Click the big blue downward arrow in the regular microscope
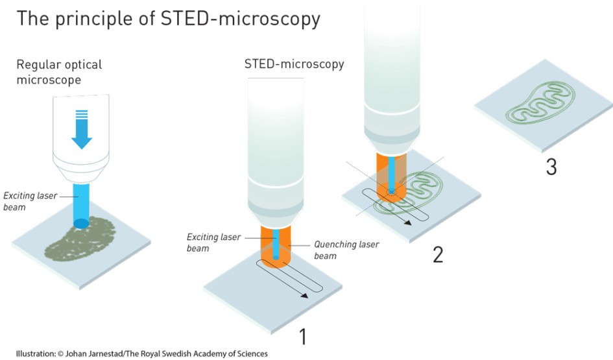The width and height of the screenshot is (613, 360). tap(82, 130)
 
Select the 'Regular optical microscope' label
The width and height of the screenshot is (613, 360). tap(59, 72)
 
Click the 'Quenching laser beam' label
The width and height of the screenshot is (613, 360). tap(346, 250)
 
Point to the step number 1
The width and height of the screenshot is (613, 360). tap(302, 337)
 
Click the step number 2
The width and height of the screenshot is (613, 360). tap(438, 255)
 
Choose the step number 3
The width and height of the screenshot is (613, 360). tap(551, 167)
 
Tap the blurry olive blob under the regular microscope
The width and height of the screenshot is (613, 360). tap(80, 239)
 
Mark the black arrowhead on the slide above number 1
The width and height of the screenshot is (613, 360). tap(304, 295)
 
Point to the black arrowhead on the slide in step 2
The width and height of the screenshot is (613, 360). tap(407, 222)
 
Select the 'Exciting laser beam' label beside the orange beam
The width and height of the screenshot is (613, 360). tap(213, 243)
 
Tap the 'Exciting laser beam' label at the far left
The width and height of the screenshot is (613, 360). tap(30, 201)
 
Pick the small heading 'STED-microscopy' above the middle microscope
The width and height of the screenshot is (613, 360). tap(294, 64)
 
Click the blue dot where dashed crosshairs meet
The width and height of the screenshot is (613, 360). tap(391, 191)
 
